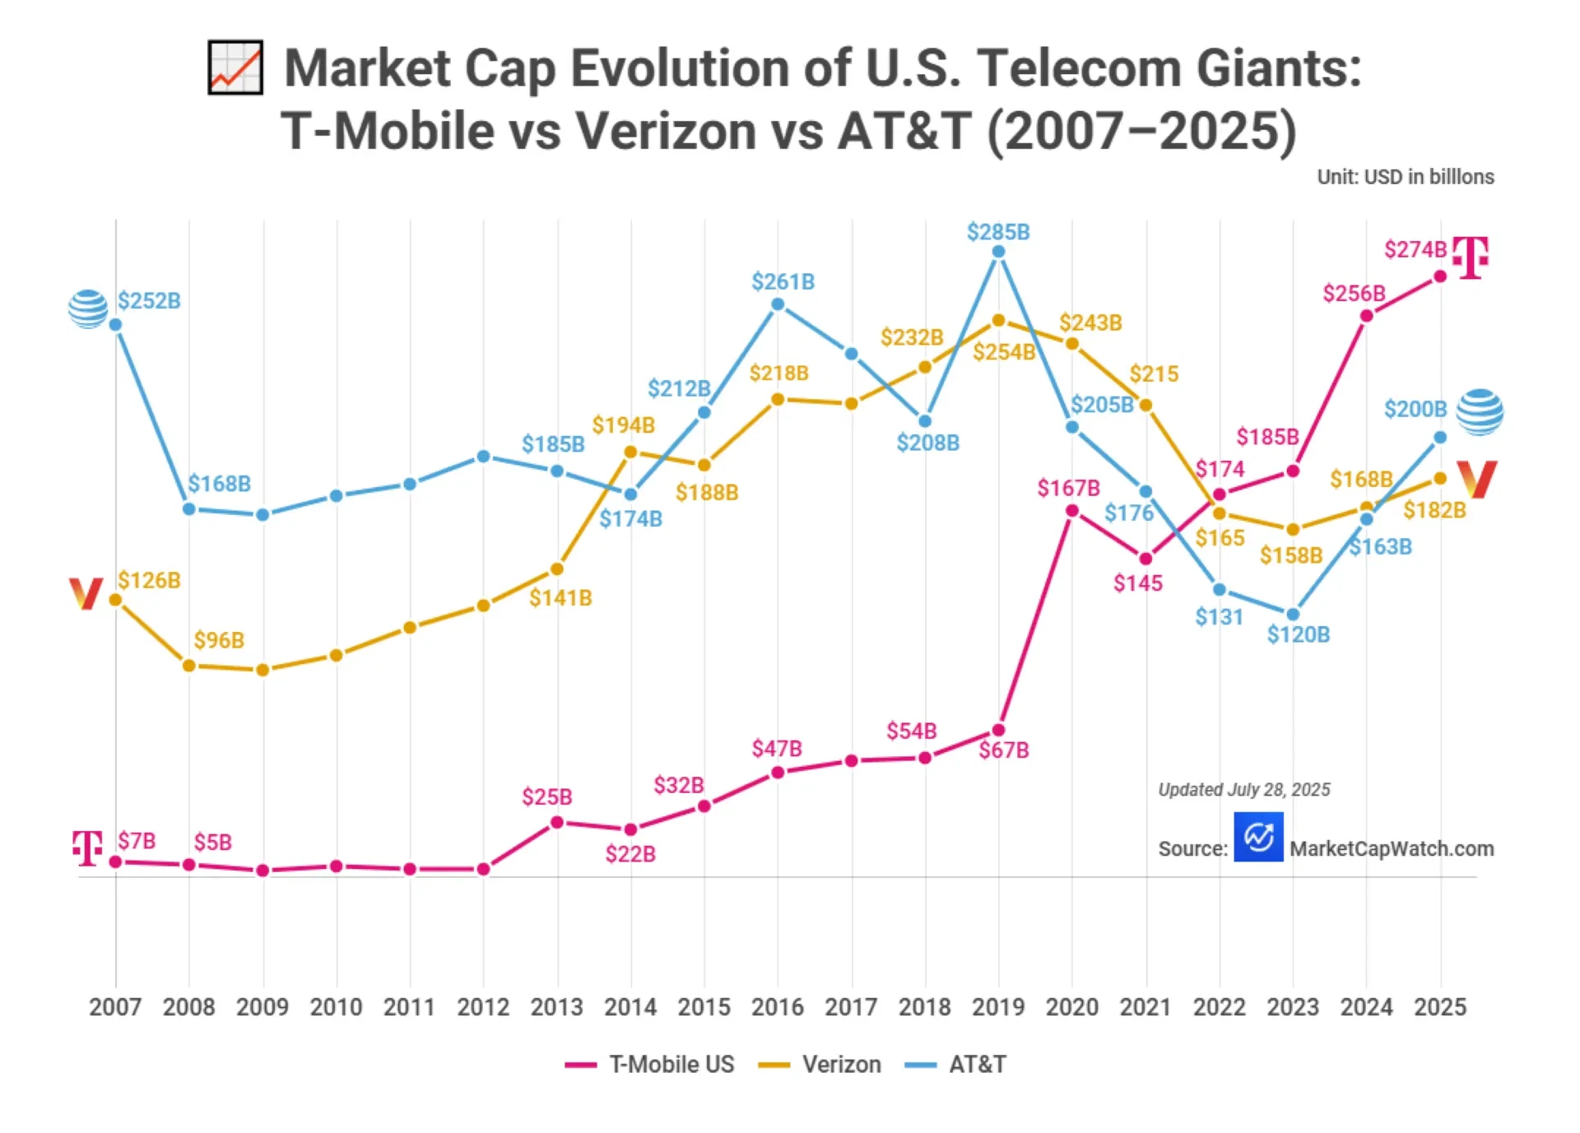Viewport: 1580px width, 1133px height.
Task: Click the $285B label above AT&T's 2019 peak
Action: [997, 232]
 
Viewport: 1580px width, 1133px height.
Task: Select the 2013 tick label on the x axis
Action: [556, 1006]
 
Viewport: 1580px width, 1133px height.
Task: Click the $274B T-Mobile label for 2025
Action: [1415, 249]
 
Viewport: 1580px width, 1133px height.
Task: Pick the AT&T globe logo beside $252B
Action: [88, 309]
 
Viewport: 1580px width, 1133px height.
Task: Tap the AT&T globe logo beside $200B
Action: [1479, 411]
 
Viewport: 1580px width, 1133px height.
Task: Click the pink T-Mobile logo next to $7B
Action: [87, 847]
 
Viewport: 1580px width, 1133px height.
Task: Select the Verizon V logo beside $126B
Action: [86, 593]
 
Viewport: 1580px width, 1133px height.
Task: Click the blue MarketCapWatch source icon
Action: [1257, 837]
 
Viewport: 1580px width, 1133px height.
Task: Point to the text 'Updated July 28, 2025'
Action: [1243, 790]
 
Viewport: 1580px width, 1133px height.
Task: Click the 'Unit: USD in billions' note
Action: [1405, 177]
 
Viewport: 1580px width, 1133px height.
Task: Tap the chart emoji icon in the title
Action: [235, 67]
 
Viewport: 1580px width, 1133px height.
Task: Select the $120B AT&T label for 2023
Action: [1298, 634]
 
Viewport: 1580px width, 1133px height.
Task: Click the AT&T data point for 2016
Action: [778, 304]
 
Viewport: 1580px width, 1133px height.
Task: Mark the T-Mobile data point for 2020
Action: [1071, 511]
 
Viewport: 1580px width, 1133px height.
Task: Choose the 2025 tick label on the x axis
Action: [1439, 1006]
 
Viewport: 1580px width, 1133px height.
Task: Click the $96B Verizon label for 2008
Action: [219, 640]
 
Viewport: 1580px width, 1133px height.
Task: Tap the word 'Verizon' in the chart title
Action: [665, 131]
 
